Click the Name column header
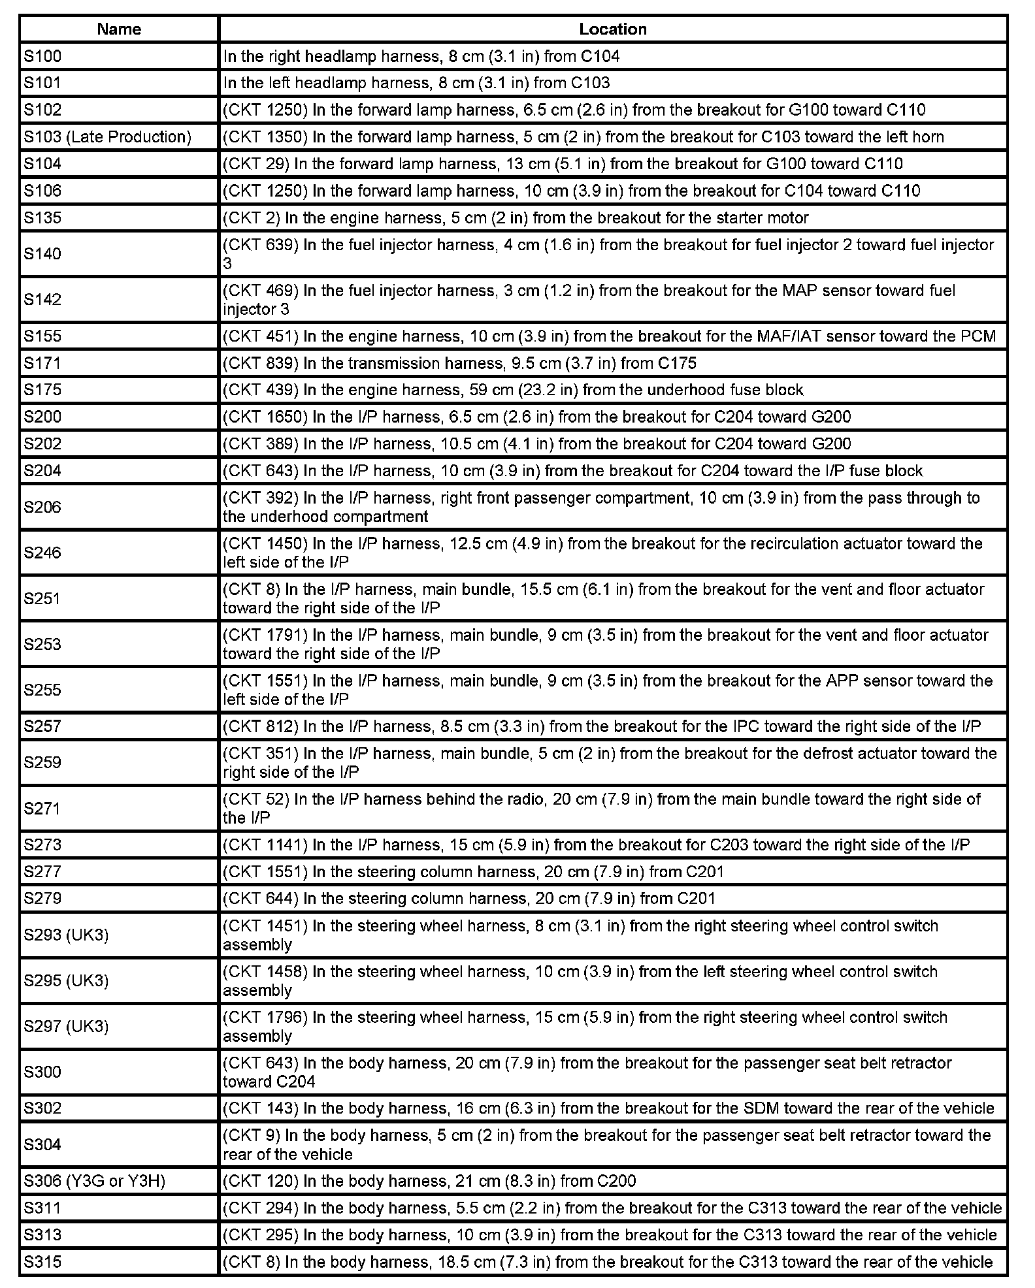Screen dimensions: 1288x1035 119,29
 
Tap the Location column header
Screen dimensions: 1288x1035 612,29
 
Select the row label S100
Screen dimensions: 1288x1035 42,56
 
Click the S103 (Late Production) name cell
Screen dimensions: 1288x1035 108,137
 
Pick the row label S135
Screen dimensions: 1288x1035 42,217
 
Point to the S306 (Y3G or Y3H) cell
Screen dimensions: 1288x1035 95,1181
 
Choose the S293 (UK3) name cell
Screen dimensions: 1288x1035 66,935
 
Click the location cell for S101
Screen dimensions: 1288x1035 416,83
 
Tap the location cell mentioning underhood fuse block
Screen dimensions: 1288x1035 513,390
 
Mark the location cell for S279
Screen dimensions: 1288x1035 468,899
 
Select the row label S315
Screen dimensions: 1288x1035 42,1262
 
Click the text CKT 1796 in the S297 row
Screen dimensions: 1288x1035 265,1018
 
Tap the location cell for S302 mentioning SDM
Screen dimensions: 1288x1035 608,1108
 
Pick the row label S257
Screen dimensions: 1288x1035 42,726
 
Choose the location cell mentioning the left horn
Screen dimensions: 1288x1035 583,137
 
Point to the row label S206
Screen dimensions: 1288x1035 42,507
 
